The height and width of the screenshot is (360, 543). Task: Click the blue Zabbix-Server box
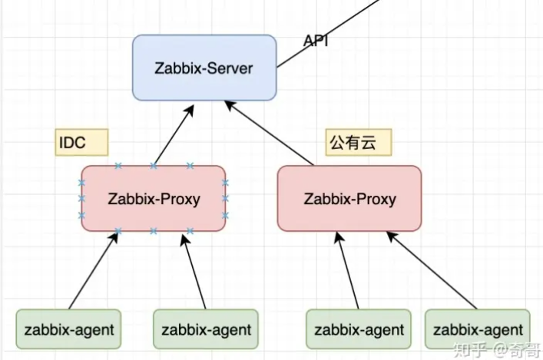click(204, 68)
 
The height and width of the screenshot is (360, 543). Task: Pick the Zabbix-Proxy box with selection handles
click(153, 199)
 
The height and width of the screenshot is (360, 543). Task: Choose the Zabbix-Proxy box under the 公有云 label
click(349, 199)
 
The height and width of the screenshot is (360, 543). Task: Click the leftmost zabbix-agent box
click(69, 330)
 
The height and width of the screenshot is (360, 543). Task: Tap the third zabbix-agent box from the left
click(358, 330)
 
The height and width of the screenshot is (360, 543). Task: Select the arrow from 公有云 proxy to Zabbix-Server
click(273, 134)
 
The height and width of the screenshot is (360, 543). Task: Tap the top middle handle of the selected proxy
click(153, 166)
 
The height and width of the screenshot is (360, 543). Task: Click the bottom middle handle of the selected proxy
click(153, 230)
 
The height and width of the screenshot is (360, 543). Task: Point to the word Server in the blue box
click(230, 68)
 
